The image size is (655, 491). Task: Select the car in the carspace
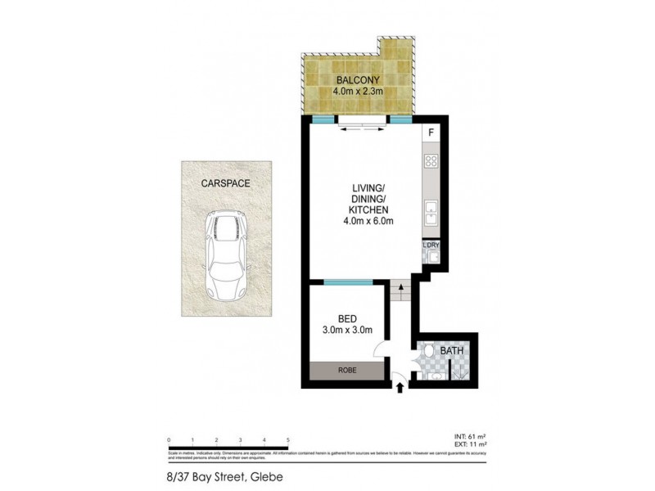(226, 255)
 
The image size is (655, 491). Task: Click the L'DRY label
(431, 244)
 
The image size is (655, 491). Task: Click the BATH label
(452, 351)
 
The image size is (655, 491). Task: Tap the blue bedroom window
(349, 282)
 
